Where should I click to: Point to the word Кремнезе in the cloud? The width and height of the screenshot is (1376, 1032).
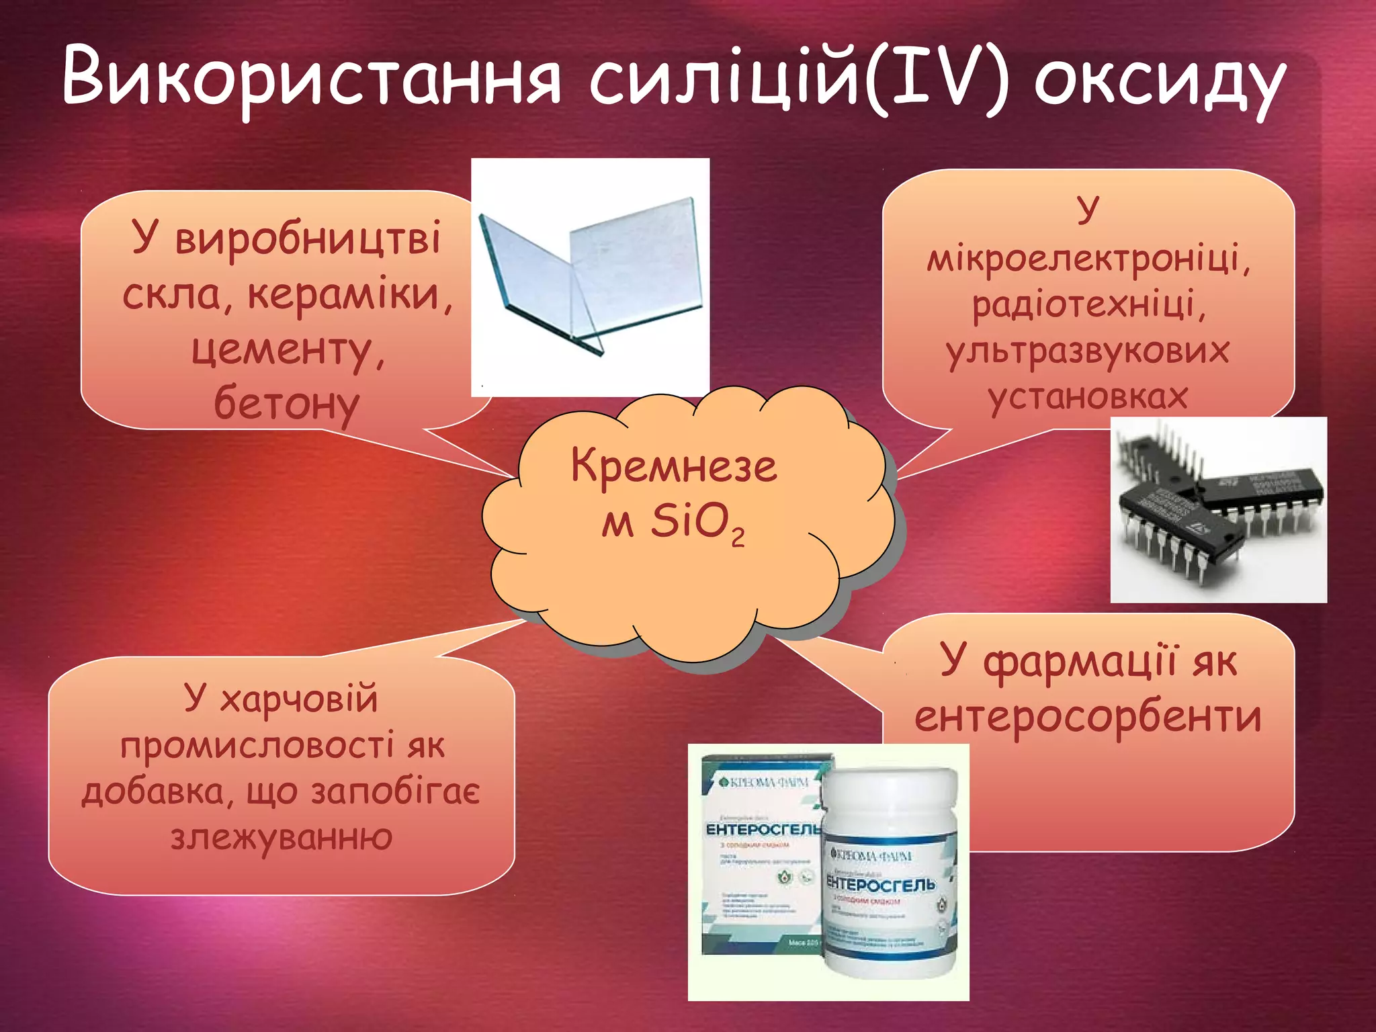click(x=674, y=466)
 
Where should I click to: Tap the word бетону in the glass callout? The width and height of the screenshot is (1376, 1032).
click(x=287, y=403)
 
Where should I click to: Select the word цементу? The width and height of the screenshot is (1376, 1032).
click(x=288, y=349)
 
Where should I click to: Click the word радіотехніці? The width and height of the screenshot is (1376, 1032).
click(x=1088, y=304)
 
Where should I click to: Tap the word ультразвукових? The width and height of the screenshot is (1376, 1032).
click(x=1088, y=351)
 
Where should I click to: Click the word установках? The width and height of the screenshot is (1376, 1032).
click(x=1088, y=396)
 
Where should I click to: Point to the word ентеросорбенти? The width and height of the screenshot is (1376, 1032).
click(x=1088, y=716)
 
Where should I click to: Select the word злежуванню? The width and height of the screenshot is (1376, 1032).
click(x=282, y=837)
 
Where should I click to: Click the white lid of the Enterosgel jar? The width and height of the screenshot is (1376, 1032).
click(x=890, y=796)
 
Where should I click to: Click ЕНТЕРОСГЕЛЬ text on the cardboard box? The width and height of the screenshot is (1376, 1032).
click(x=763, y=830)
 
